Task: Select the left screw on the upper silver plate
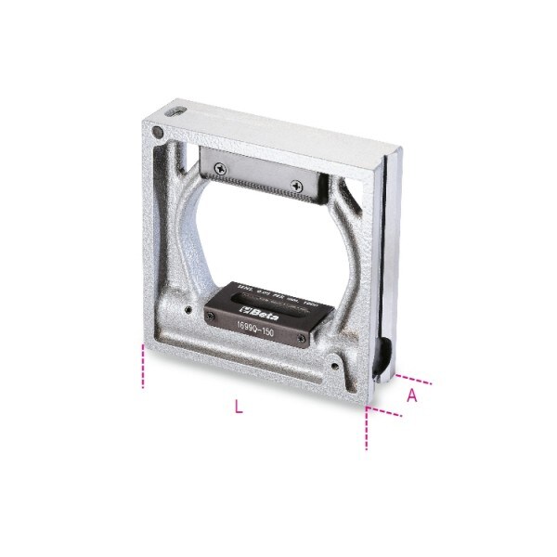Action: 218,167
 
